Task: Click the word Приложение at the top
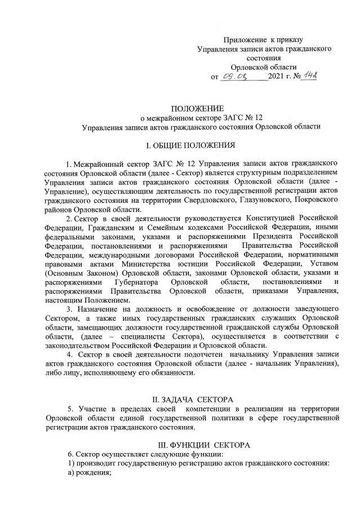pos(245,39)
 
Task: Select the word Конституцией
pos(269,219)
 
